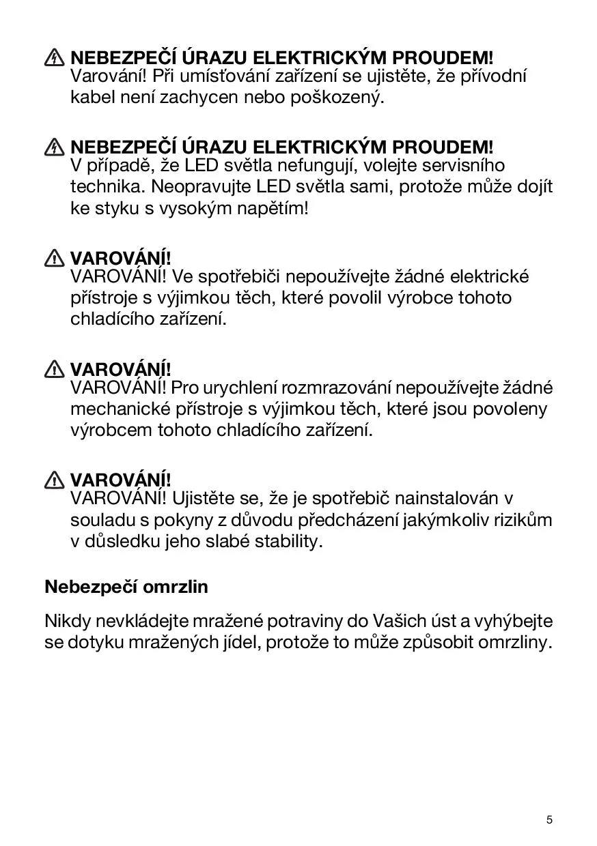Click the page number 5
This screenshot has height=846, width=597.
tap(549, 819)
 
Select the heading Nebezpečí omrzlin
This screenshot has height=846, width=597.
tap(126, 586)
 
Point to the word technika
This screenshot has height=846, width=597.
tap(106, 186)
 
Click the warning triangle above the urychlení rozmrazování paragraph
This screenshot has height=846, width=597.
tap(55, 370)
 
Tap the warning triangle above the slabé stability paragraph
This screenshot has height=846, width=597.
tap(55, 480)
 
